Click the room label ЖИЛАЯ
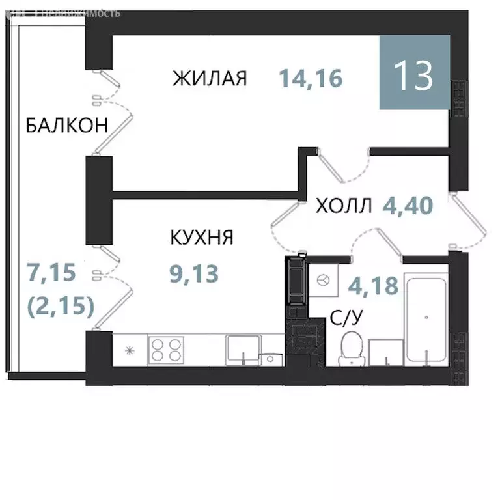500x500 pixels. click(210, 79)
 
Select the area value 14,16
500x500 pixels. click(311, 79)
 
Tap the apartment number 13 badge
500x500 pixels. click(415, 74)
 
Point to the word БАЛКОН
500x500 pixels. click(66, 125)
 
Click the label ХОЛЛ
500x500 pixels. click(344, 206)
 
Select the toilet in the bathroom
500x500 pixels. click(352, 348)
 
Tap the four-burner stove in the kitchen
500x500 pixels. click(168, 350)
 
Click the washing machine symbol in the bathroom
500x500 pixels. click(322, 279)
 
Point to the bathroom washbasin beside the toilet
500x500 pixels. click(385, 354)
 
